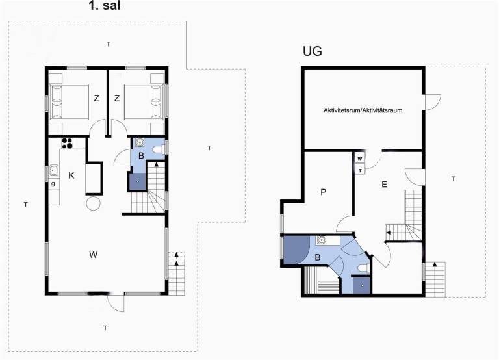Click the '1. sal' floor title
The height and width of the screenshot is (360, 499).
click(x=105, y=5)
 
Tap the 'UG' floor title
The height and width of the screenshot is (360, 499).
click(x=312, y=51)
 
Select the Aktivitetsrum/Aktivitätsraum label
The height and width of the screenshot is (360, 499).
click(x=363, y=110)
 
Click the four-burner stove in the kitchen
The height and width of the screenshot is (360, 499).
click(x=68, y=143)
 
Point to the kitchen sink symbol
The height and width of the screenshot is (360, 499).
click(x=54, y=171)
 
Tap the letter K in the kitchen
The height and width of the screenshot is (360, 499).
click(x=71, y=175)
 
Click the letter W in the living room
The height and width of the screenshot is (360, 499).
click(x=94, y=255)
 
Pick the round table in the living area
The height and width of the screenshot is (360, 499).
click(x=94, y=203)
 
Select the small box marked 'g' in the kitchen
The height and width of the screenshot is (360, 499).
click(x=53, y=184)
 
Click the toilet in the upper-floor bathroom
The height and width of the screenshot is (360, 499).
click(x=158, y=149)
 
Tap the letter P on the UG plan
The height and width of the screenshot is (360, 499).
click(x=324, y=192)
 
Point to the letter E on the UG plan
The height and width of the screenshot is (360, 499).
click(x=385, y=185)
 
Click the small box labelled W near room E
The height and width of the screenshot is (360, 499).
click(x=360, y=159)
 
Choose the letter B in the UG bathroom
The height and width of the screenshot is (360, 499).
click(x=317, y=257)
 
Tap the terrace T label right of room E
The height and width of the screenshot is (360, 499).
click(x=453, y=179)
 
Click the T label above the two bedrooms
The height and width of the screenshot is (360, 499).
click(x=109, y=44)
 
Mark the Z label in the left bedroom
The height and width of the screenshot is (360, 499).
click(x=96, y=98)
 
